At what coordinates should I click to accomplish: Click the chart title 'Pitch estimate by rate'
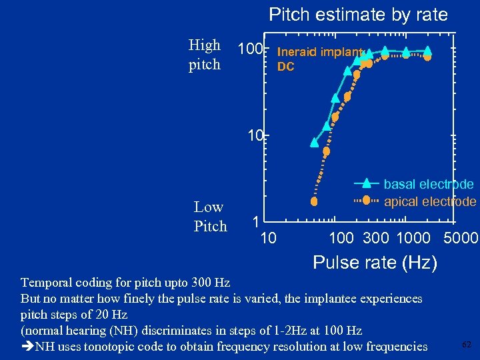(x=358, y=15)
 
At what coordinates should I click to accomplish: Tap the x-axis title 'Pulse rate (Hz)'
(x=375, y=263)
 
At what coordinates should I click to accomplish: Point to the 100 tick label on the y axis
(x=250, y=50)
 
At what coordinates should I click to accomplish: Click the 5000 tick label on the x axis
(x=460, y=238)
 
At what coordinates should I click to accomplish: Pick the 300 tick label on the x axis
(x=376, y=238)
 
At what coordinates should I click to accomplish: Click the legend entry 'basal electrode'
(x=429, y=184)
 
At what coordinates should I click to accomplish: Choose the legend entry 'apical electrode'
(x=430, y=201)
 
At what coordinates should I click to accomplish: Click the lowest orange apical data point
(x=315, y=201)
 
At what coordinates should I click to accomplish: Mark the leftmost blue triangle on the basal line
(x=315, y=142)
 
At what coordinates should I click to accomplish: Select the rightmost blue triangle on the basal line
(x=427, y=50)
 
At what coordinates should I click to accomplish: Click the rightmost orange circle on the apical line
(x=427, y=57)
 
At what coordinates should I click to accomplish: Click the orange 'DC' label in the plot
(x=285, y=67)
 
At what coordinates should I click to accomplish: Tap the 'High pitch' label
(x=205, y=55)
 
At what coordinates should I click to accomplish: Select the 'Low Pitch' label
(x=209, y=217)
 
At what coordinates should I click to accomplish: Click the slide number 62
(x=467, y=344)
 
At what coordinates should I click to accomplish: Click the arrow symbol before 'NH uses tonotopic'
(x=27, y=346)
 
